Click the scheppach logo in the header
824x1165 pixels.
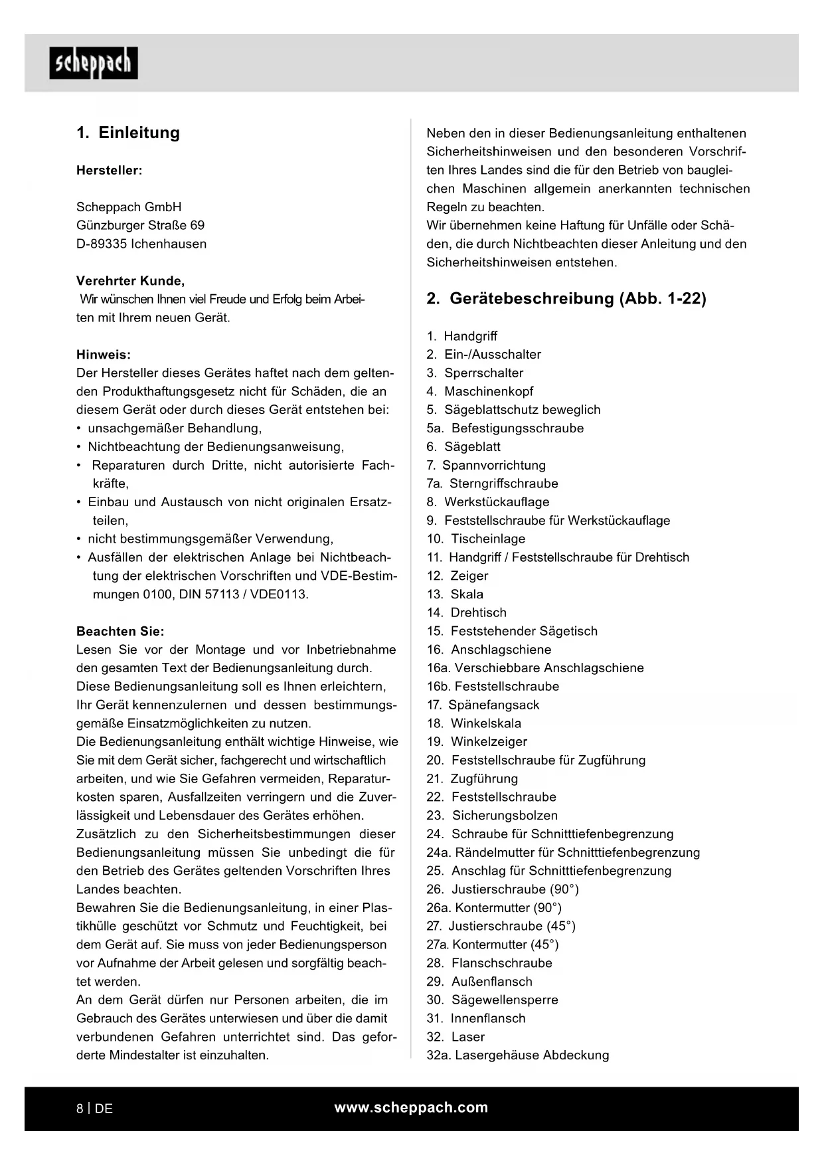click(94, 64)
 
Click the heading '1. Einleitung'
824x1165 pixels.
click(128, 133)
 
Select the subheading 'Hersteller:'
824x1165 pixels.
click(110, 171)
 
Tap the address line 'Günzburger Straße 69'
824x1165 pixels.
click(141, 226)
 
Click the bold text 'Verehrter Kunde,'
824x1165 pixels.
click(131, 281)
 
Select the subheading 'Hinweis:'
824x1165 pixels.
click(104, 355)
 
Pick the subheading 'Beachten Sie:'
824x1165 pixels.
click(120, 632)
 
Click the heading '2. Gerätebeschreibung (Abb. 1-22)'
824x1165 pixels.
click(566, 299)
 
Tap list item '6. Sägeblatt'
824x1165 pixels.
click(463, 447)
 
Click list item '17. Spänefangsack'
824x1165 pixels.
click(483, 705)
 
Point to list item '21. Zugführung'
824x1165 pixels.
click(472, 779)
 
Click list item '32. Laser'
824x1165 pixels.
click(455, 1037)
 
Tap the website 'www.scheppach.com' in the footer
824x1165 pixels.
click(411, 1108)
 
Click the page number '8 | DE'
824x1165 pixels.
click(95, 1109)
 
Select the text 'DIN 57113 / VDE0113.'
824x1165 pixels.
click(244, 594)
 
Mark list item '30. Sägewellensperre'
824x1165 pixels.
click(492, 1000)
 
